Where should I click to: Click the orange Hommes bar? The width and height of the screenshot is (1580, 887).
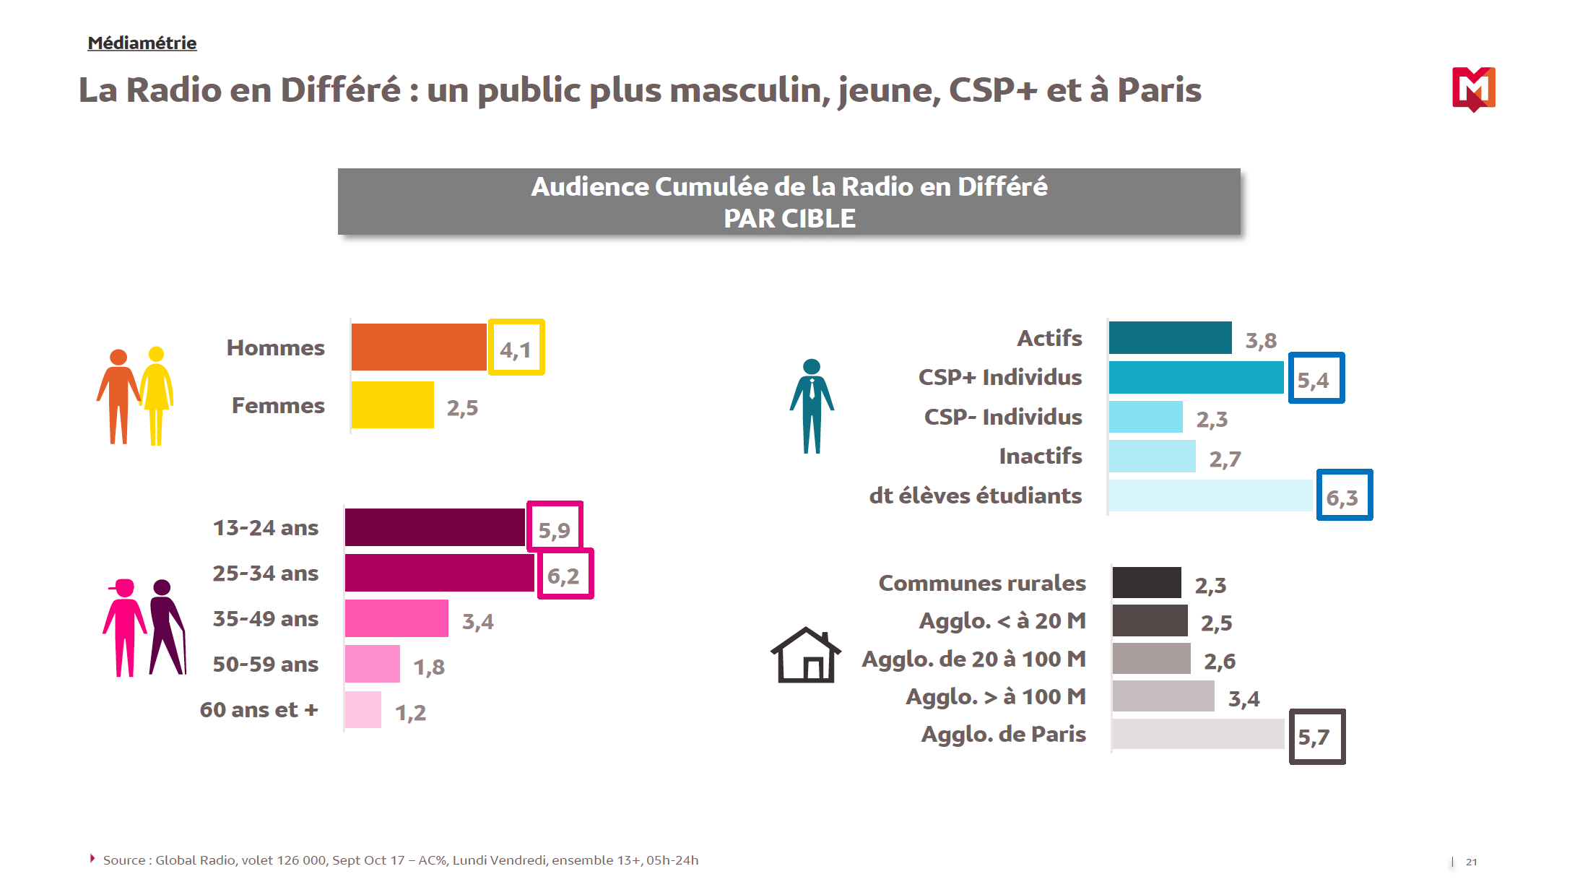(x=419, y=347)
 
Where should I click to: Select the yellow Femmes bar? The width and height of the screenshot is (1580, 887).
(x=392, y=405)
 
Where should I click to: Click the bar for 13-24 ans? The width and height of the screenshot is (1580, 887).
(x=435, y=527)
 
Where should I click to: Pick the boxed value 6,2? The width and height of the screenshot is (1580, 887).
(x=565, y=575)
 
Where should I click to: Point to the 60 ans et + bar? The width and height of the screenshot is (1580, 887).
(x=363, y=710)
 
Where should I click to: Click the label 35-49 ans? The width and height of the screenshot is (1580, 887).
(x=265, y=619)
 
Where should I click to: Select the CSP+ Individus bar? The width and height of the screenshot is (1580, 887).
(x=1196, y=377)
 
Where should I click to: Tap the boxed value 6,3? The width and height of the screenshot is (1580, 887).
(x=1344, y=496)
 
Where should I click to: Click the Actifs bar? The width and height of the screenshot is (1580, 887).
(x=1170, y=338)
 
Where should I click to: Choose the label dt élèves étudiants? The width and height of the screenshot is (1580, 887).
(x=975, y=496)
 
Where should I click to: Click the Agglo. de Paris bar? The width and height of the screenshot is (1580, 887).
(x=1198, y=734)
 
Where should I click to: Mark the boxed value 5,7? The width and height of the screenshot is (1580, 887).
(x=1316, y=737)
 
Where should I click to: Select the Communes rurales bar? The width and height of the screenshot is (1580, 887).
(x=1147, y=583)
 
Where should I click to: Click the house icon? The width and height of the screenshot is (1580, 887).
(x=805, y=656)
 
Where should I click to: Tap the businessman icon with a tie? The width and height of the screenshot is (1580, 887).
(x=812, y=406)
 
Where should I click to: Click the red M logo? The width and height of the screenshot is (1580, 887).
(x=1473, y=89)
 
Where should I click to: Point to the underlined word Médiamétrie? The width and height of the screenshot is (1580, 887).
(x=142, y=43)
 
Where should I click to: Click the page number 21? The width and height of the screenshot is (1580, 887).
(x=1471, y=862)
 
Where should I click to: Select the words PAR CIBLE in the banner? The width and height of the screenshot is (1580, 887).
(x=789, y=218)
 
